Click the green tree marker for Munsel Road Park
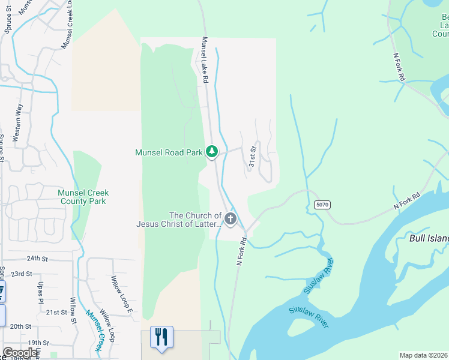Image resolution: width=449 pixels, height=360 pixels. click(211, 152)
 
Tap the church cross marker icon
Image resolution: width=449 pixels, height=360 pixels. click(231, 219)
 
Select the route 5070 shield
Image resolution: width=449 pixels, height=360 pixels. click(322, 205)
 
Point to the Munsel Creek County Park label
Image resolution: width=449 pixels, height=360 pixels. click(82, 197)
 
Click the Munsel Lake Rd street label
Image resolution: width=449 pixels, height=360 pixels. click(205, 60)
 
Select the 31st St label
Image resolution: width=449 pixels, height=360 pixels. click(253, 156)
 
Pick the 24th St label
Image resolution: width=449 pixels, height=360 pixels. click(37, 259)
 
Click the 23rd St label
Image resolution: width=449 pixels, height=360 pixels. click(22, 274)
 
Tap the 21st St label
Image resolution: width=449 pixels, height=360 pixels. click(57, 313)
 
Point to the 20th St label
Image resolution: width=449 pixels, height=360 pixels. click(20, 326)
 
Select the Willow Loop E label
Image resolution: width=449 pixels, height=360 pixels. click(120, 293)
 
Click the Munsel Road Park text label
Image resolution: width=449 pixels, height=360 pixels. click(169, 152)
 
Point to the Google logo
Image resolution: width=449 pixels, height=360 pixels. click(20, 353)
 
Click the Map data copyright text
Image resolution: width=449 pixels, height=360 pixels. click(423, 355)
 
